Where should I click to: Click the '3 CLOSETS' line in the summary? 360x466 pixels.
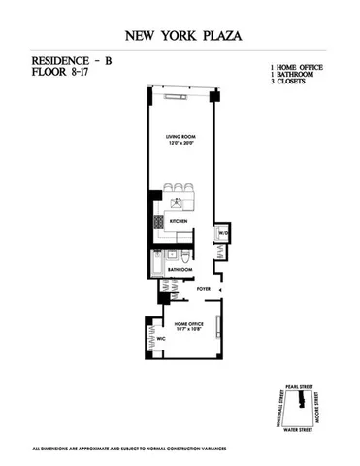[290, 82]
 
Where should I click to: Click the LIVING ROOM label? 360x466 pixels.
[181, 138]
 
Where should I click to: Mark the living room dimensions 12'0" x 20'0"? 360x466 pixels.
[181, 146]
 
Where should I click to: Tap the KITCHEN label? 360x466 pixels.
[180, 221]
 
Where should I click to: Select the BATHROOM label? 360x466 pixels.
[180, 269]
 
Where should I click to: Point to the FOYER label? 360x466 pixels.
[204, 289]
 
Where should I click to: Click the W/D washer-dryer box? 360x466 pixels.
[221, 233]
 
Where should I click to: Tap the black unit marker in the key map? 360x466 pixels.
[304, 399]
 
